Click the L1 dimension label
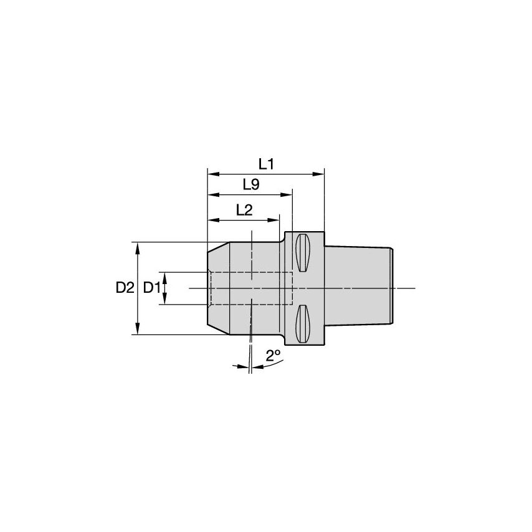point(267,164)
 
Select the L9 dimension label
point(251,184)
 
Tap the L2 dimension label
point(244,210)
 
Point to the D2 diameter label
point(125,288)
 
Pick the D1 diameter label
point(152,288)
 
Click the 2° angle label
point(273,356)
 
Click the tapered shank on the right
point(358,287)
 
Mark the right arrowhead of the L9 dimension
point(288,195)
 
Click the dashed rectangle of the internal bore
point(250,288)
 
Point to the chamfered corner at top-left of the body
point(214,247)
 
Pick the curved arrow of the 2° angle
point(264,367)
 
